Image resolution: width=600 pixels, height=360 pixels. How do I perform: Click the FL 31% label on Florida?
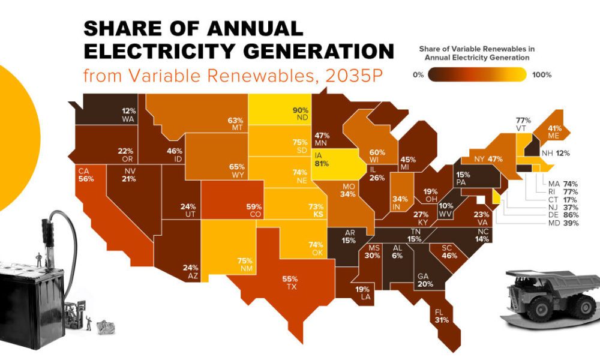tap(440, 316)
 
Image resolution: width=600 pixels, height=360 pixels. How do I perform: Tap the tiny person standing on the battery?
tap(39, 259)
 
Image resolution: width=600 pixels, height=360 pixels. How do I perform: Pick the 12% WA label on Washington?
tap(128, 115)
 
